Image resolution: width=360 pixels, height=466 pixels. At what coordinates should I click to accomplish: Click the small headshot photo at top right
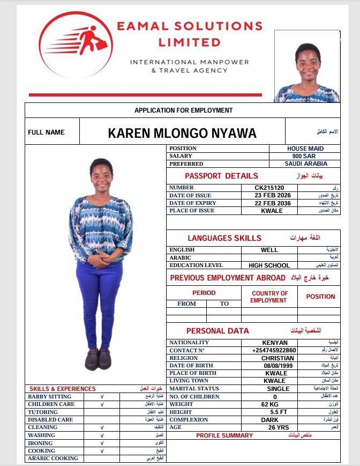306,66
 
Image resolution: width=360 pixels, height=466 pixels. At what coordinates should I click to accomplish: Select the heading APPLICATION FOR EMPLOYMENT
183,110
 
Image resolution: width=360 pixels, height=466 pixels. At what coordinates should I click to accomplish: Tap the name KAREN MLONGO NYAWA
182,133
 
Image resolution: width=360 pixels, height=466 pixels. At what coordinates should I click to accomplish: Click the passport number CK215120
269,188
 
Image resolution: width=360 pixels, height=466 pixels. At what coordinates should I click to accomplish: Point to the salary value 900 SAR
304,156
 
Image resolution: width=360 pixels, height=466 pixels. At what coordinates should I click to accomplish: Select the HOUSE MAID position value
304,149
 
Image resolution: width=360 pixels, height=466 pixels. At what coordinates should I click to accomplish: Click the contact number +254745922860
274,350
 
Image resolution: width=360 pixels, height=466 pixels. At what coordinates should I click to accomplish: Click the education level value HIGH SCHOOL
269,265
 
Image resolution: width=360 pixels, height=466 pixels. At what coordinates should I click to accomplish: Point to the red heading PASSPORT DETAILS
221,176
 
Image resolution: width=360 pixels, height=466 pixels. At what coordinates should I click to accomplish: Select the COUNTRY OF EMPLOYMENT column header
269,297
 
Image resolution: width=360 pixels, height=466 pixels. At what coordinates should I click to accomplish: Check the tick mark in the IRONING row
102,443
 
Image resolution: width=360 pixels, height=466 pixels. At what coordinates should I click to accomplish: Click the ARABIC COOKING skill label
53,458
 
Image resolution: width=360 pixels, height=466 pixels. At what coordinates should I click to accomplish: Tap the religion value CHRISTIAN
277,358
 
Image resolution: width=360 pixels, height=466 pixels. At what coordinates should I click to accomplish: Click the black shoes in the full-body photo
97,359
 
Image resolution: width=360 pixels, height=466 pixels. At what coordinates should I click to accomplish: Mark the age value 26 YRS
278,427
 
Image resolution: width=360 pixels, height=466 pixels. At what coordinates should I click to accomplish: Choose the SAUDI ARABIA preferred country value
305,164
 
